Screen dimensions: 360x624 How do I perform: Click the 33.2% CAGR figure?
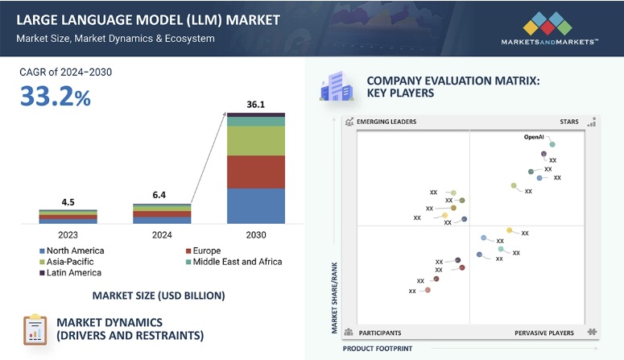(56, 97)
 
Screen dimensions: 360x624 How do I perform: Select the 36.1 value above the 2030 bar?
(255, 104)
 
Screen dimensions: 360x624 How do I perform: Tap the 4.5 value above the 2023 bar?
(68, 201)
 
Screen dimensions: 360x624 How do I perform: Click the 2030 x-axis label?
(255, 234)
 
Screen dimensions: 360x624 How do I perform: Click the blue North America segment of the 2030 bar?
(255, 205)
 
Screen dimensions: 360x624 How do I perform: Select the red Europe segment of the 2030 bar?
(255, 172)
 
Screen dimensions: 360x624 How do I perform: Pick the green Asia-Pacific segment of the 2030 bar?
(255, 141)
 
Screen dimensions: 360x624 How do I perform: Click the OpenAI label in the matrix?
(534, 137)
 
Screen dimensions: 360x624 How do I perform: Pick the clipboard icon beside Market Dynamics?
(35, 329)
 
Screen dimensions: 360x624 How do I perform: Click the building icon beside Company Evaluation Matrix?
(336, 87)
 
